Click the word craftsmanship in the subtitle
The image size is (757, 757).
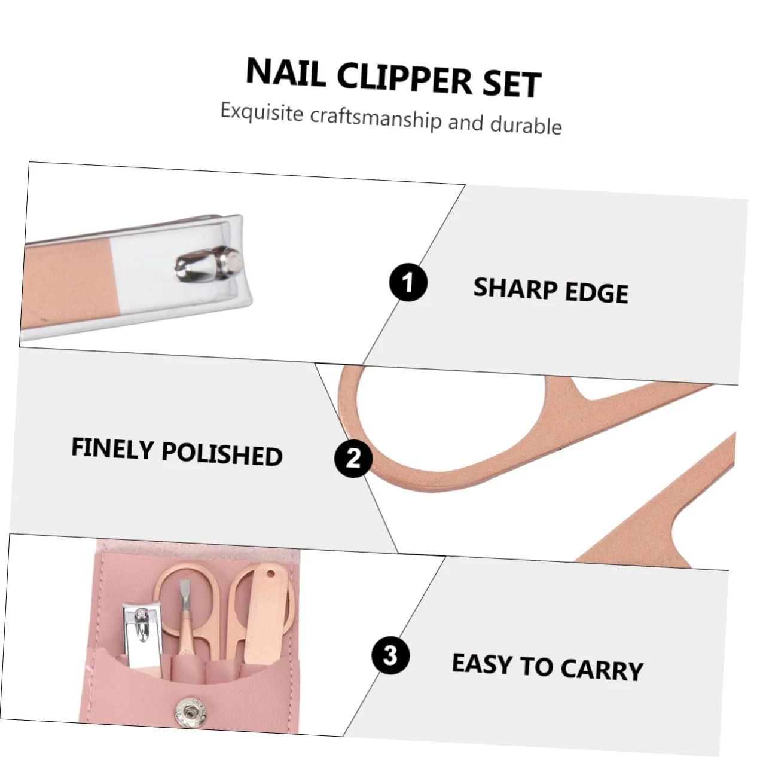(376, 117)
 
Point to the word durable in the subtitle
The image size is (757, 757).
(526, 124)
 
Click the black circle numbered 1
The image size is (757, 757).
(408, 282)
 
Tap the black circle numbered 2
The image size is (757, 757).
(353, 458)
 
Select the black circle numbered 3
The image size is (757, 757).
(390, 655)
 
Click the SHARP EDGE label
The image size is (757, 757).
(551, 291)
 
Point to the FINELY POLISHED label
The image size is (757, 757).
(177, 452)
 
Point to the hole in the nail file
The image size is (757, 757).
(271, 575)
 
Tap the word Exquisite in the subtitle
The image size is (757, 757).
(262, 111)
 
